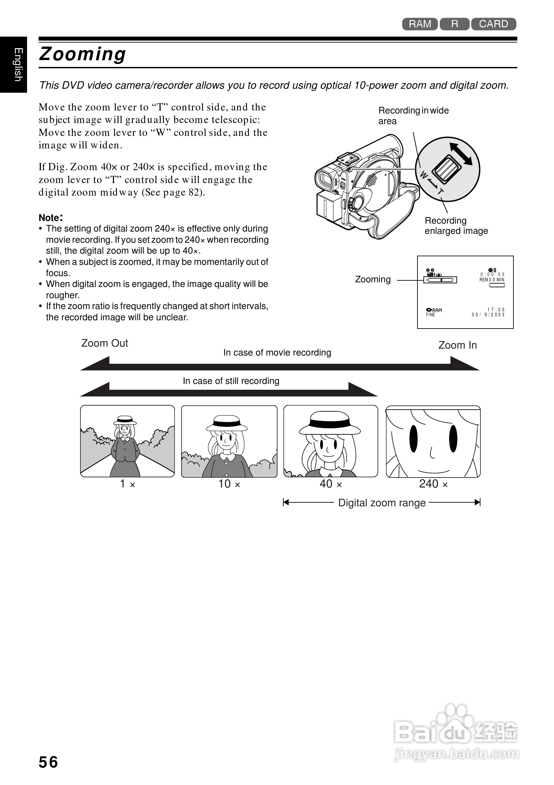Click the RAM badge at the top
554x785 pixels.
(x=420, y=24)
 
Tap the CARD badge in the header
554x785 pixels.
(x=493, y=24)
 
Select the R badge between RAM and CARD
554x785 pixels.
(x=454, y=24)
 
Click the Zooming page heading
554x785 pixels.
(x=83, y=54)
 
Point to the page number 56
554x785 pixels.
(x=48, y=762)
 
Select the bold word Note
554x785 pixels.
(x=50, y=218)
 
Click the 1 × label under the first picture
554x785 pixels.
(x=128, y=484)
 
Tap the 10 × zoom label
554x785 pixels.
(x=229, y=484)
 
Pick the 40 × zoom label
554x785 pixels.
(x=330, y=484)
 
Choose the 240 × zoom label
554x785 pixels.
(x=433, y=484)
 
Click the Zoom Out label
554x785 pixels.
(x=105, y=343)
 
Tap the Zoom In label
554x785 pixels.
(x=457, y=345)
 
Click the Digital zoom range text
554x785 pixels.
(x=382, y=503)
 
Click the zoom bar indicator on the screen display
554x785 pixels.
(x=440, y=280)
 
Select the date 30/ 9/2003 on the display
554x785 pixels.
(x=488, y=315)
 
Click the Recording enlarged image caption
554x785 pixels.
(x=456, y=226)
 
